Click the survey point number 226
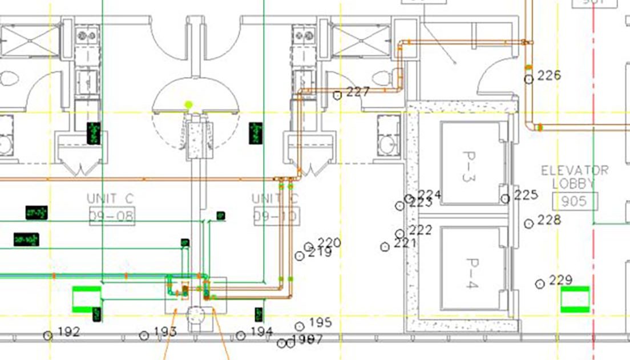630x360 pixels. click(529, 79)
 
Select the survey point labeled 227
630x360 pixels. click(338, 95)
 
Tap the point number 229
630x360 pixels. click(540, 284)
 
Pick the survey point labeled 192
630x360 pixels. click(48, 335)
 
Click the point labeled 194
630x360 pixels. click(241, 335)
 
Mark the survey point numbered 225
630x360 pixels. click(505, 199)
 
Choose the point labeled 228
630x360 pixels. click(528, 224)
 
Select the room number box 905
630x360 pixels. click(575, 201)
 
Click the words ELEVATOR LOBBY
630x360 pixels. click(575, 177)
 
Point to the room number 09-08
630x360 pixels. click(112, 216)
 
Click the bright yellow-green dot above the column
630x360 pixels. click(189, 105)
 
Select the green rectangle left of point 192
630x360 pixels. click(86, 299)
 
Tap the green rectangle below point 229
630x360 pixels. click(575, 300)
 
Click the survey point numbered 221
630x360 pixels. click(385, 246)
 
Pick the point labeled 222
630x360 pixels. click(400, 233)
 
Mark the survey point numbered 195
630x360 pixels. click(300, 326)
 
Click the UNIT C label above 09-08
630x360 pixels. click(110, 199)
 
